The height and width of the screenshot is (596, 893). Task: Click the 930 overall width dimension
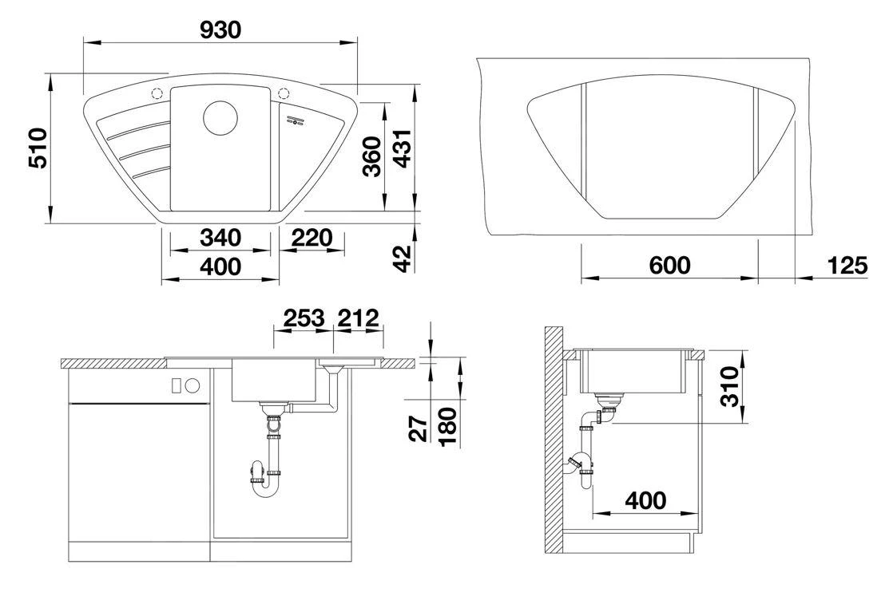pos(220,30)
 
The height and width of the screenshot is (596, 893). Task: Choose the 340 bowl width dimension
pos(220,238)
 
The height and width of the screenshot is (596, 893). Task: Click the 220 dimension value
pos(312,238)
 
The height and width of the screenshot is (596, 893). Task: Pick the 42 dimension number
pos(402,257)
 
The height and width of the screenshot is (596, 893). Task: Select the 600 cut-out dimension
pos(669,266)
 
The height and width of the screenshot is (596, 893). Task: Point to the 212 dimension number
pos(357,318)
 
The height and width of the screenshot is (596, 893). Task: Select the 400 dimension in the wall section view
pos(645,500)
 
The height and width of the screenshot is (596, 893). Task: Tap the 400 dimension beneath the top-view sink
pos(220,266)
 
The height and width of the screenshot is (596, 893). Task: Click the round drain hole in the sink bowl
pos(220,118)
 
